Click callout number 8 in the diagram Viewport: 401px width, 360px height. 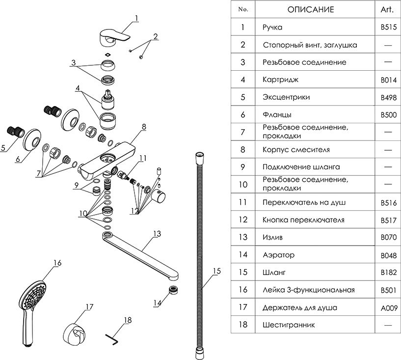(144, 127)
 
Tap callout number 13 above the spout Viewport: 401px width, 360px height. (157, 234)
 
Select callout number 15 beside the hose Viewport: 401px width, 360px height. (217, 271)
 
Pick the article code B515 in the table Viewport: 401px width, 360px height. (388, 28)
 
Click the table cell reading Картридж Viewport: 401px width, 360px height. (280, 80)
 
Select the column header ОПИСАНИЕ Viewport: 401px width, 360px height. (310, 10)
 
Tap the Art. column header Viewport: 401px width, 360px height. (388, 10)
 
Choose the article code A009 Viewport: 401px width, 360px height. (388, 308)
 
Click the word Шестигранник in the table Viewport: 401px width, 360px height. (289, 325)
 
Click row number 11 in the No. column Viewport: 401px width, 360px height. (243, 202)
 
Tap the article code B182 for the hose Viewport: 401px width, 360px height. (388, 272)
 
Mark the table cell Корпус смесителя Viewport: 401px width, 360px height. (296, 149)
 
